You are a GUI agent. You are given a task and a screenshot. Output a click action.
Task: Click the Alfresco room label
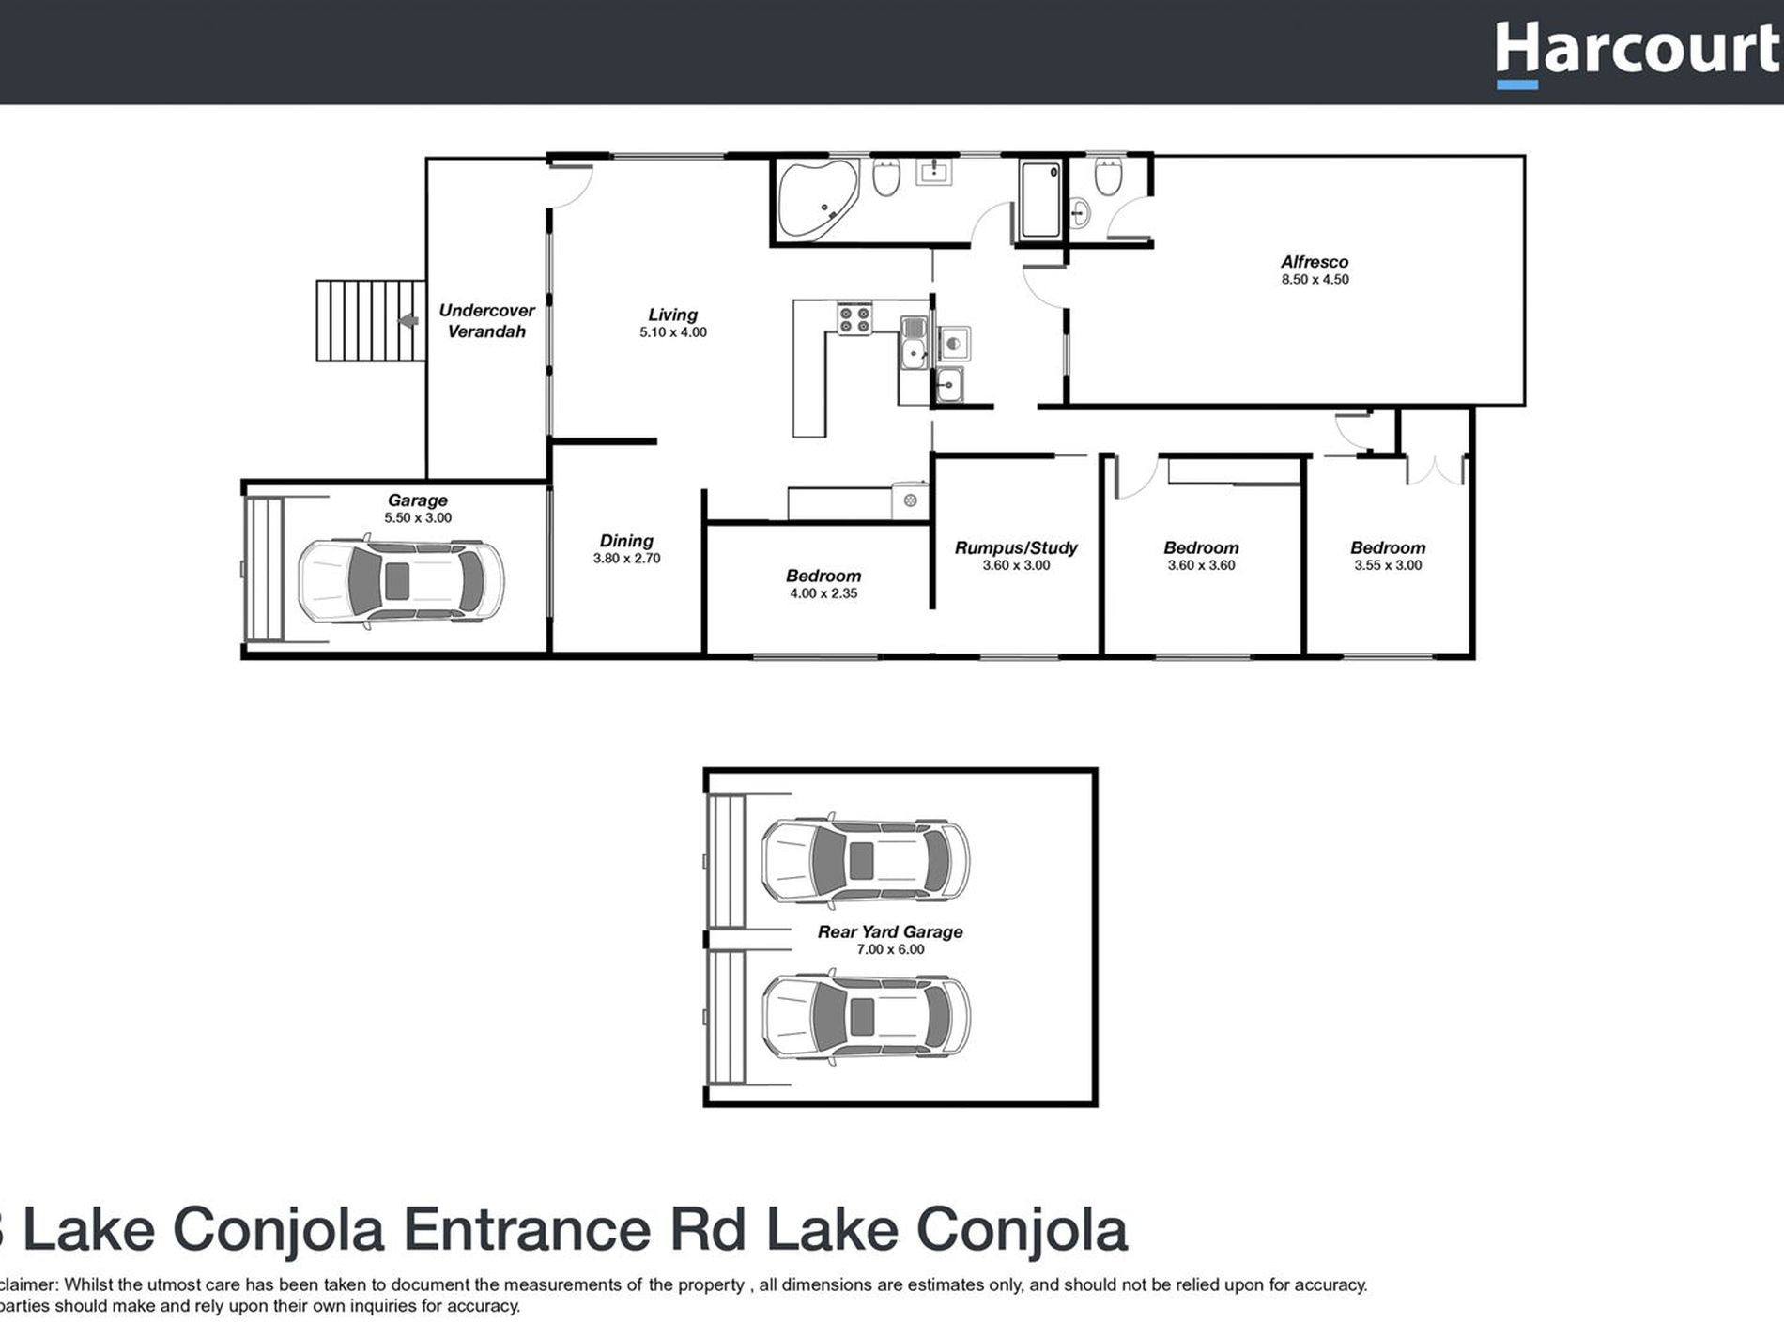(1314, 262)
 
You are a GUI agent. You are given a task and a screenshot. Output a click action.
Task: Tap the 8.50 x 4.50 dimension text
(1315, 280)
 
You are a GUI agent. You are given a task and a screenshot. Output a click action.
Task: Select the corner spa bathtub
(814, 199)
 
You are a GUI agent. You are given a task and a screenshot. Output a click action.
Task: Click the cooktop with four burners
(854, 319)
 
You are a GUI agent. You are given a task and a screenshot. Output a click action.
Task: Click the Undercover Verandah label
(486, 320)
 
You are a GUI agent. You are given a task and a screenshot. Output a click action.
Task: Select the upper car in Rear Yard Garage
(865, 859)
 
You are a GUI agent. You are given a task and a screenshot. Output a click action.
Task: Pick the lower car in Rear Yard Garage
(865, 1017)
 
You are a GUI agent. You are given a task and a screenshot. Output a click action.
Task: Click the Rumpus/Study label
(1016, 547)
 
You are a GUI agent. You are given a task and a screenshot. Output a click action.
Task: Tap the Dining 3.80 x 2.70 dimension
(626, 559)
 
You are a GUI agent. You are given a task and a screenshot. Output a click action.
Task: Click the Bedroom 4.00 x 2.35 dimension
(823, 594)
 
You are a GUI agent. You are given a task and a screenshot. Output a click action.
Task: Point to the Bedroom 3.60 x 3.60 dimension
(1201, 566)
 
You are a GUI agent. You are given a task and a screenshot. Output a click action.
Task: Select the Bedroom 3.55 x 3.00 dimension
(1388, 566)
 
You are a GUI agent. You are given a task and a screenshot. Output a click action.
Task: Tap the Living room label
(672, 315)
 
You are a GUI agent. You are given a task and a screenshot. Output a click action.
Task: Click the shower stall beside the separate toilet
(1039, 200)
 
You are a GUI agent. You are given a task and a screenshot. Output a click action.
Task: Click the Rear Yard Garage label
(889, 931)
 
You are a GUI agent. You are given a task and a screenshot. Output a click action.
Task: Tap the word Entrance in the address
(527, 1230)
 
